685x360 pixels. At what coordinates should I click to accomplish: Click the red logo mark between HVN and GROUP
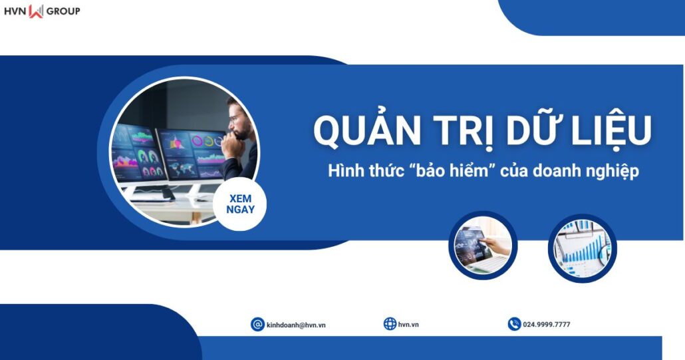click(x=36, y=11)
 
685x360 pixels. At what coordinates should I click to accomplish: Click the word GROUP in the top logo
click(x=63, y=11)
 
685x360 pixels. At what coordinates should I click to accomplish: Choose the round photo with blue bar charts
click(x=583, y=248)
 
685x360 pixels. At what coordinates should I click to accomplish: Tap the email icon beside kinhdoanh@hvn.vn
click(x=257, y=324)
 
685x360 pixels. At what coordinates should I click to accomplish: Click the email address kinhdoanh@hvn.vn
click(x=296, y=325)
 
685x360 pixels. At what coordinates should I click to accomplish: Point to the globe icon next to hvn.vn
click(x=390, y=324)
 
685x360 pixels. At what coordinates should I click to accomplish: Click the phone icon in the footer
click(x=514, y=324)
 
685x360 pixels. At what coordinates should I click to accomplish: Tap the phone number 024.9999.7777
click(x=547, y=325)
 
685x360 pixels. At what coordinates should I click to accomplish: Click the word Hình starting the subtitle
click(x=344, y=170)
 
